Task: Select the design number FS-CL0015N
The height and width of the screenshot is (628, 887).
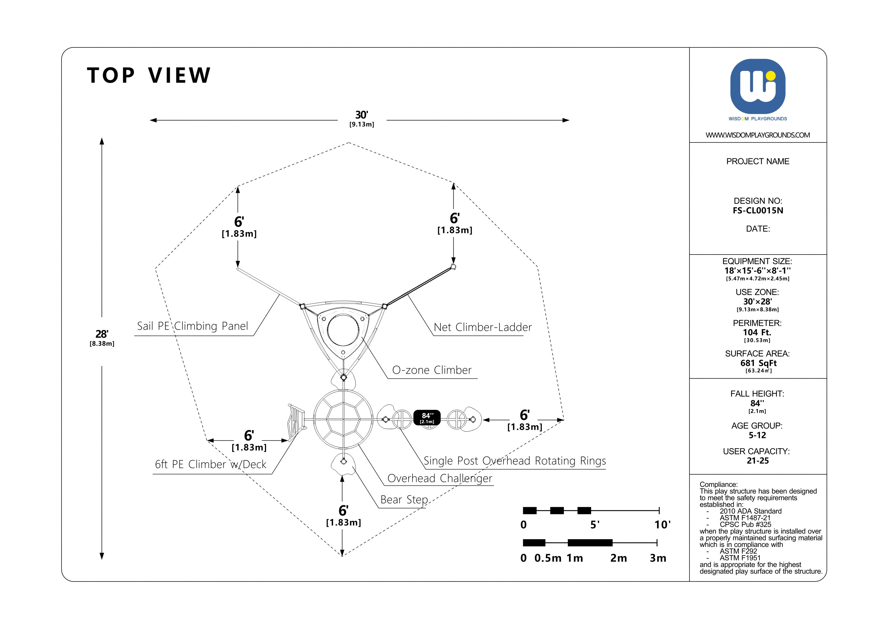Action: (x=758, y=211)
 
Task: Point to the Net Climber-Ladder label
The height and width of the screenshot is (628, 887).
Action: (x=483, y=327)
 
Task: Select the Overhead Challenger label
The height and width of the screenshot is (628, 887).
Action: (x=440, y=478)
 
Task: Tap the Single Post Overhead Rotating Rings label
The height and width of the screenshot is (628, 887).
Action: (x=515, y=461)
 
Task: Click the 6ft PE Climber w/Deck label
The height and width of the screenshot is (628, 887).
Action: (x=210, y=464)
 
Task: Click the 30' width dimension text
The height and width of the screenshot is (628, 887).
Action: (x=362, y=115)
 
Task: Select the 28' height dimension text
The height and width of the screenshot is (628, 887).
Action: (x=102, y=334)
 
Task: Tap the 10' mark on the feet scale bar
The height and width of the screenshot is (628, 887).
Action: (x=662, y=525)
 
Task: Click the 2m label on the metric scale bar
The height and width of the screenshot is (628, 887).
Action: (x=618, y=558)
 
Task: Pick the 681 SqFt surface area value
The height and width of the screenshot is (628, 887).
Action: (x=758, y=363)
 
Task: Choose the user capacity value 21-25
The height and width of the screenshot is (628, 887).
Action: (x=758, y=461)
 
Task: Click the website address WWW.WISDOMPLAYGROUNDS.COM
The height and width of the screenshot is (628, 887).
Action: (x=758, y=135)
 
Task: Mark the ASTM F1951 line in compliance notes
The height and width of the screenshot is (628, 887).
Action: (x=740, y=558)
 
